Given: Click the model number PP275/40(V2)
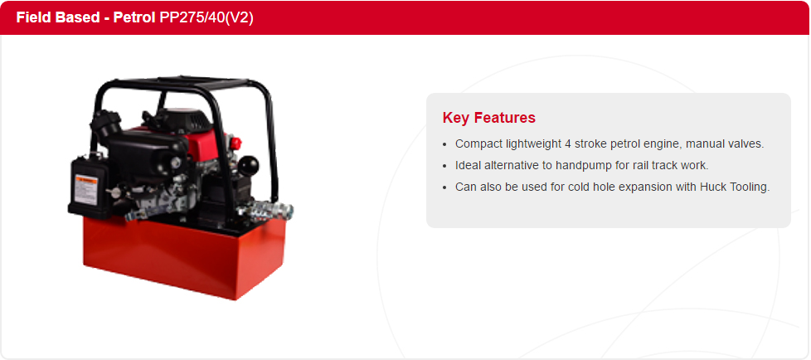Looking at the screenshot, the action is [x=206, y=17].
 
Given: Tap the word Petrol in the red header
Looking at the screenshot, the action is [x=134, y=17].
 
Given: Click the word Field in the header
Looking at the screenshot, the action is [x=30, y=17].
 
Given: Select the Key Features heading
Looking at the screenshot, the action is [x=488, y=118].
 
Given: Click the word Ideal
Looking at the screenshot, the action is [x=466, y=166].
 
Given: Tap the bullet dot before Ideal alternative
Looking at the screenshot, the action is [x=444, y=166].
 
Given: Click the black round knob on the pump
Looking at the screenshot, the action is [x=247, y=166].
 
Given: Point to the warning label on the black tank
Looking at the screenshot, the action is [x=85, y=189].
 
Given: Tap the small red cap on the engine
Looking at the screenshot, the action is [x=236, y=142].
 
